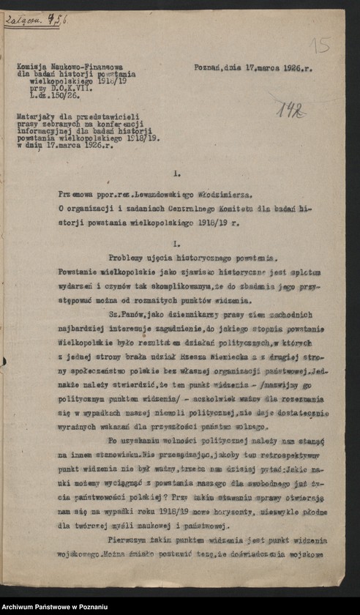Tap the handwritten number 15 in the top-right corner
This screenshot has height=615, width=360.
coord(320,45)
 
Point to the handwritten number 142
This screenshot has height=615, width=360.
coord(291,111)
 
